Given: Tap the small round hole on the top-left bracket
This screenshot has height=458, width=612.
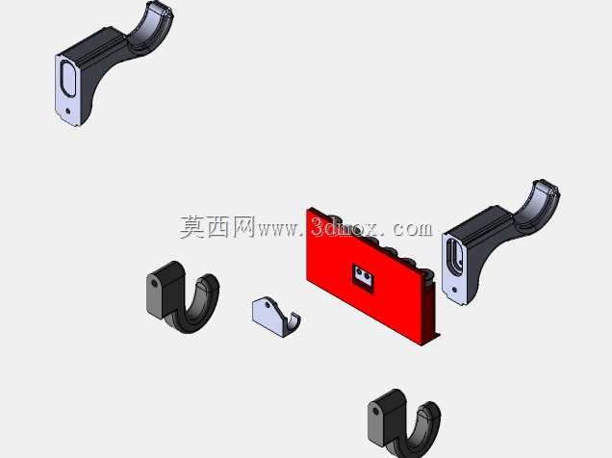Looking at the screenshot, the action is [68, 111].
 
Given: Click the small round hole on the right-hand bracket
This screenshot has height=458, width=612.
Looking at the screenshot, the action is [454, 290].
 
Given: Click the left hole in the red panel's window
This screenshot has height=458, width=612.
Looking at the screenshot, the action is [358, 273].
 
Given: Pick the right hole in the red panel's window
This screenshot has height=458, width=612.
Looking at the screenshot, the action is [368, 277].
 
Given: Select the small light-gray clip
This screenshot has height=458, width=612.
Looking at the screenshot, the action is [276, 317].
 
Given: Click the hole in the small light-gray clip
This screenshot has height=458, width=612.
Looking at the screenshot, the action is [268, 304].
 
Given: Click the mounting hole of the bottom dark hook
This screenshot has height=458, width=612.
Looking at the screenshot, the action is [375, 411].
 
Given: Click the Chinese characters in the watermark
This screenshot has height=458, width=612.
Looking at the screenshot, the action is [217, 227].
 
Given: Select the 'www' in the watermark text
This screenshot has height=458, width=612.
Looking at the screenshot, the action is [278, 230].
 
